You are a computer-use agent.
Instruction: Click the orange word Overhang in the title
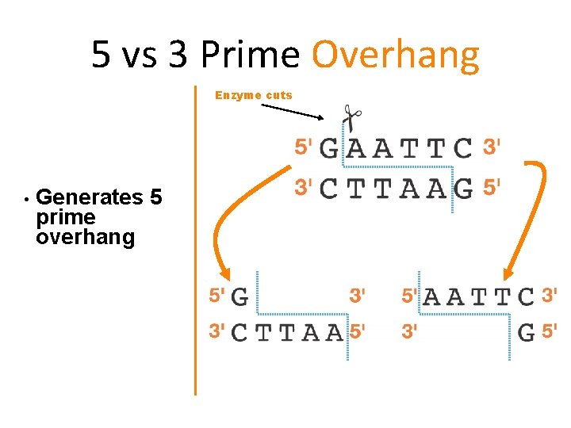pos(395,55)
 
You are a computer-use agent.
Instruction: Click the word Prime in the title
pos(250,55)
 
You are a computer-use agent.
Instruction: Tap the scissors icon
pos(350,117)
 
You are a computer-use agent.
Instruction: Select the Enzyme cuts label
pos(254,95)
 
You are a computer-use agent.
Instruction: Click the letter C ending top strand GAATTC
pos(463,148)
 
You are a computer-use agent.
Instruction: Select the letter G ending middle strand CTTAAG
pos(463,189)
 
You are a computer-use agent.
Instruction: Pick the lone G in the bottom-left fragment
pos(240,298)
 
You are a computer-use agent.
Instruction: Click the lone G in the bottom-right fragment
pos(526,332)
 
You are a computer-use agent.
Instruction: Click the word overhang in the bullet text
pos(85,237)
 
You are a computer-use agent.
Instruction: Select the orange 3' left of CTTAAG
pos(304,188)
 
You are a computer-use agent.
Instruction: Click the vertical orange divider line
pos(195,238)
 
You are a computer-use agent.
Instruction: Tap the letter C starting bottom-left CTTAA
pos(239,333)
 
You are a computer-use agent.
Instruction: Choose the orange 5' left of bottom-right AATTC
pos(409,296)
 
